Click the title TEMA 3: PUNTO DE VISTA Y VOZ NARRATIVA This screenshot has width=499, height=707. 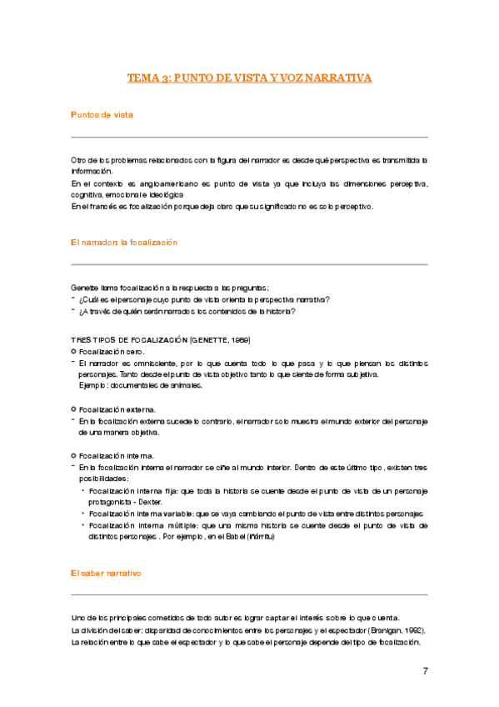[x=249, y=78]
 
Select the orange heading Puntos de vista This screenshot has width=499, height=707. [x=102, y=114]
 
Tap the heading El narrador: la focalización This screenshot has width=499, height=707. [x=125, y=242]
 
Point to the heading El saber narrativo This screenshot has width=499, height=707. [x=107, y=574]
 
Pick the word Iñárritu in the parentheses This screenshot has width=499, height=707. [x=258, y=537]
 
